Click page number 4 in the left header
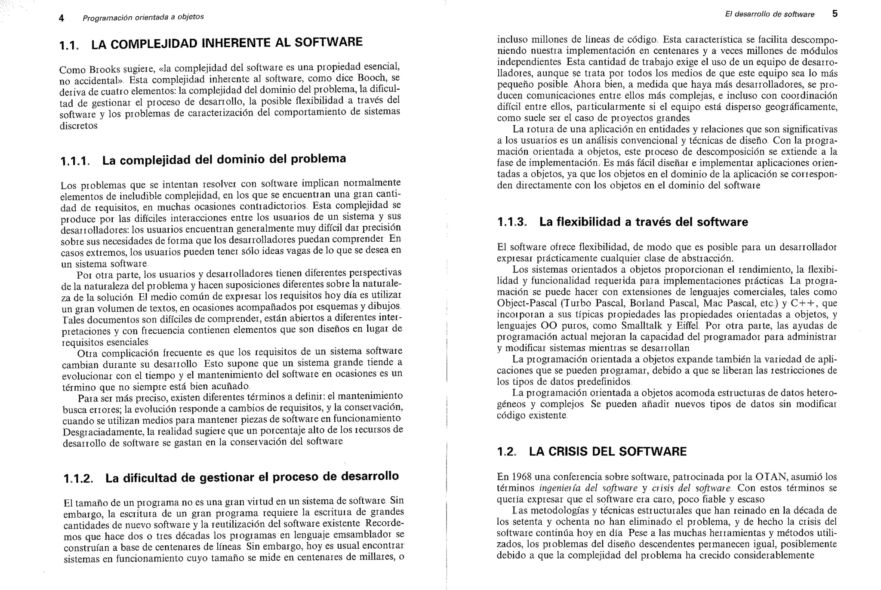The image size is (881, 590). [62, 18]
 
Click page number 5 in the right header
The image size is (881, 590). [835, 14]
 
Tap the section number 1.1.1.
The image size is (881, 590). [75, 161]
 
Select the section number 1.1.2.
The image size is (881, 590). [78, 479]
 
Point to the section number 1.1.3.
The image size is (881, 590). [511, 222]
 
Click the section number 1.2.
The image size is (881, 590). [506, 452]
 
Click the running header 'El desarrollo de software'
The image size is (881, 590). [769, 14]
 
